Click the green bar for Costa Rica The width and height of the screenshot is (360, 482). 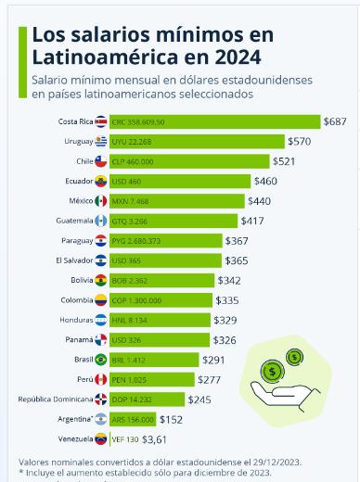[x=213, y=121]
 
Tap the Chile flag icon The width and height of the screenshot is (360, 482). [x=100, y=161]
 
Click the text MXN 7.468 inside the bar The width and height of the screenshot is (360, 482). [x=131, y=200]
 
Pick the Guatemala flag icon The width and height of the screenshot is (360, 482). [x=100, y=221]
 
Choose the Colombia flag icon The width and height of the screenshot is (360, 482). [x=100, y=299]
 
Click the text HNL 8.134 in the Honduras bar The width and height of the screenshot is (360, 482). [x=130, y=320]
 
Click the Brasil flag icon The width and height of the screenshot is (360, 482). [x=100, y=359]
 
